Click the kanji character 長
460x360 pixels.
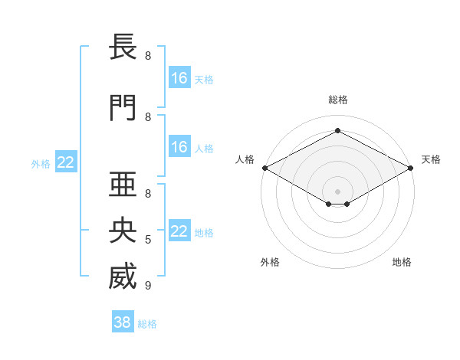coord(123,47)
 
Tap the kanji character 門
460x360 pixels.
coord(123,108)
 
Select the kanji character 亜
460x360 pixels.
coord(123,183)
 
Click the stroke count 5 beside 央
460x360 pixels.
coord(147,240)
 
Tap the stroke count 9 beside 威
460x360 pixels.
coord(147,286)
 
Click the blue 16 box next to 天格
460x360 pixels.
coord(179,78)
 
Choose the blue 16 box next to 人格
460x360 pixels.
coord(179,147)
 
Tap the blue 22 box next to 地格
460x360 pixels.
coord(179,231)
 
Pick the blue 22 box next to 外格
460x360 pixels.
coord(66,162)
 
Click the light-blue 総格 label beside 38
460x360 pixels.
coord(147,324)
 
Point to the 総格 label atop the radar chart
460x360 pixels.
coord(337,100)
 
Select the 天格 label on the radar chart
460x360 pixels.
coord(431,159)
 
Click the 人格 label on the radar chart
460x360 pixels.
coord(245,159)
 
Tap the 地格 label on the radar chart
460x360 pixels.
coord(402,262)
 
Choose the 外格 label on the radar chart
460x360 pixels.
coord(270,262)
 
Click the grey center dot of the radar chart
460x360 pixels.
coord(337,190)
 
